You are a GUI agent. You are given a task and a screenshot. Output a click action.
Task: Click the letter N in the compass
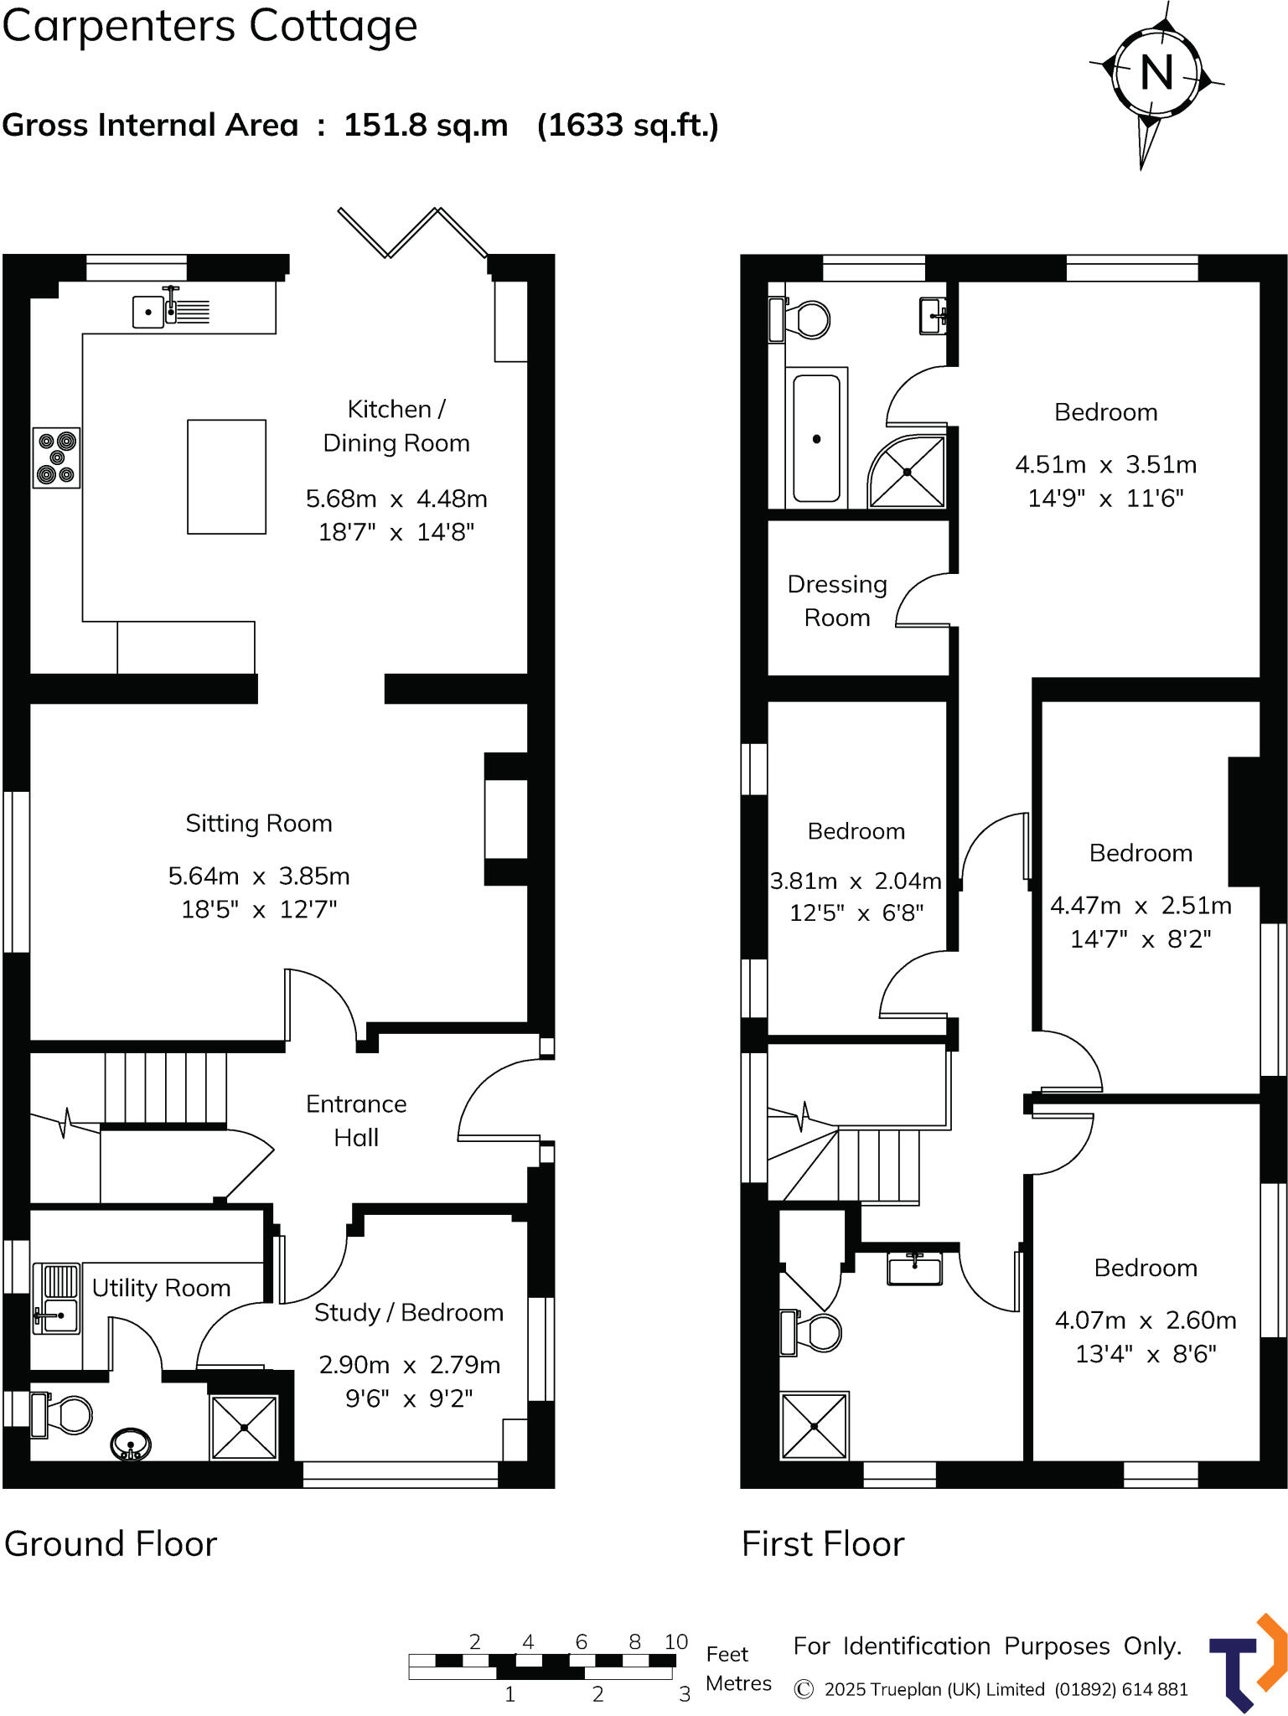pos(1156,72)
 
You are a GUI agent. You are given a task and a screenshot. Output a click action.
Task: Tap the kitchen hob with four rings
pos(57,457)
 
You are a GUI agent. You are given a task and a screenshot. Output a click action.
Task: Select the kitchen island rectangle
pos(226,477)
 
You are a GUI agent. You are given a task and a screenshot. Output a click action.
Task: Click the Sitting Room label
pos(259,824)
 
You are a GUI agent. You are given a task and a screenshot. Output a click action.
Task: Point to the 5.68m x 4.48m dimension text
pos(396,499)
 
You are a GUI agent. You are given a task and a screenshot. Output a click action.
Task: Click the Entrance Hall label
pos(356,1120)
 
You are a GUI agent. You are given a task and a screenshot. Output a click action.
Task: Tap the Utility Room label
pos(161,1288)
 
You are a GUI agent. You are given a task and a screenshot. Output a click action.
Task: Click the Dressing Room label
pos(837,601)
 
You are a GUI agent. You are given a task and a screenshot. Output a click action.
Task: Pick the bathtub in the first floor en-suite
pos(816,438)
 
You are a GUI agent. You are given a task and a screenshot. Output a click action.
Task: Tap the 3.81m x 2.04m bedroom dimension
pos(856,881)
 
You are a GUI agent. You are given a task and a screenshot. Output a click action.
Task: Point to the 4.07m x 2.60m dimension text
pos(1146,1321)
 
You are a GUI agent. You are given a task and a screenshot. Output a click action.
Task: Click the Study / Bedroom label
pos(409,1313)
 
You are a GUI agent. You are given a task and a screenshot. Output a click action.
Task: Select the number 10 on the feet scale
pos(675,1641)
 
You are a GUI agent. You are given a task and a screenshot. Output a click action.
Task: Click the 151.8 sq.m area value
pos(426,126)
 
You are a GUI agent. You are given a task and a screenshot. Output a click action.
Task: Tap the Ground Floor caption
pos(111,1544)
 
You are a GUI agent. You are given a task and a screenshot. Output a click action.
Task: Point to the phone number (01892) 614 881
pos(1121,1689)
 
